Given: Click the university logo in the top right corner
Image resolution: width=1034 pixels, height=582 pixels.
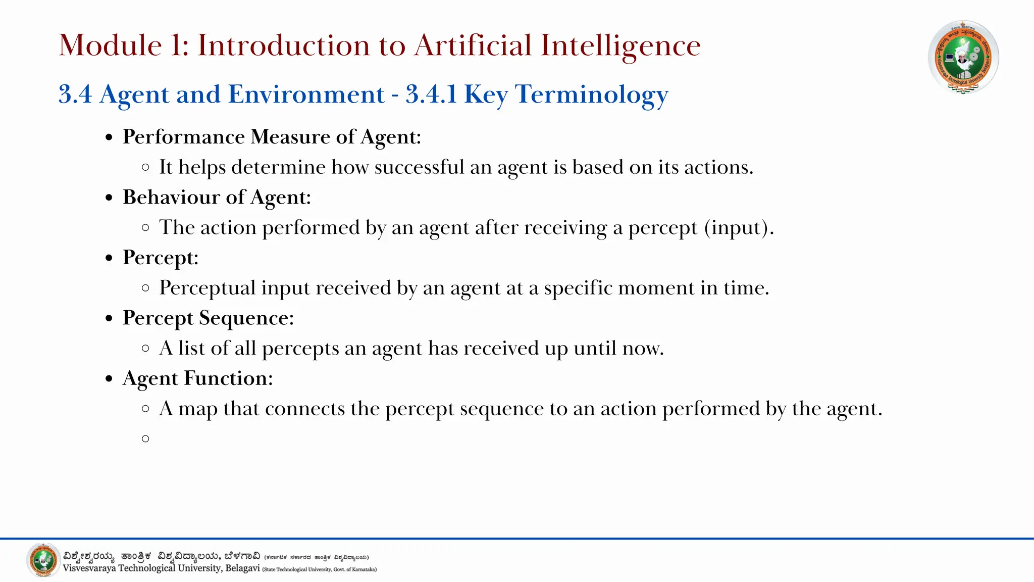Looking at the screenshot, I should click(x=963, y=57).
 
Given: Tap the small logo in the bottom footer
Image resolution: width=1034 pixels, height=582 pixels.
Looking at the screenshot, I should click(x=43, y=560).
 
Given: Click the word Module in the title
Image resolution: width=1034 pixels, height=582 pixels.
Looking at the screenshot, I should click(x=110, y=45).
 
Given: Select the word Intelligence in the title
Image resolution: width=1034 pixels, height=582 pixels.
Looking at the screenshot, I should click(x=621, y=45).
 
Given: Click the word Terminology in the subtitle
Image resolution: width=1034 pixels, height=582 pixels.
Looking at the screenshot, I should click(x=591, y=94).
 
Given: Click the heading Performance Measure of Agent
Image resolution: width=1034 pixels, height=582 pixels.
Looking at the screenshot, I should click(x=272, y=137).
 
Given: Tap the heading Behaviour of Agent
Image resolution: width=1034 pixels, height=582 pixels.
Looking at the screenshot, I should click(x=217, y=197).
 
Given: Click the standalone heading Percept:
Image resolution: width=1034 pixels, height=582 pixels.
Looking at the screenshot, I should click(x=161, y=258).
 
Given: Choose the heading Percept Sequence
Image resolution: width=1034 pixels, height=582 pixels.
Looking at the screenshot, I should click(x=208, y=318).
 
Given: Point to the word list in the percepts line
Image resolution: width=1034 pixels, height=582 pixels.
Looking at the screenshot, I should click(x=191, y=348).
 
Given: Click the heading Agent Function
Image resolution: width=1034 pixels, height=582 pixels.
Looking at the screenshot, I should click(x=197, y=378).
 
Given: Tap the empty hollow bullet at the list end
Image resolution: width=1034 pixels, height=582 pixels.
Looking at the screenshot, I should click(x=146, y=439).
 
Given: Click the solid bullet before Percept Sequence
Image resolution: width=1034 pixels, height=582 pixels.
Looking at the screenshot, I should click(x=109, y=319).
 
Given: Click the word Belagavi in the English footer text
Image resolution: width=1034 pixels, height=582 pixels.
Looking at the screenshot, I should click(x=242, y=568).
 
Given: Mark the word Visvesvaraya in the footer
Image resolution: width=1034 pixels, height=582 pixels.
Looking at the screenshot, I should click(x=89, y=568).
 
